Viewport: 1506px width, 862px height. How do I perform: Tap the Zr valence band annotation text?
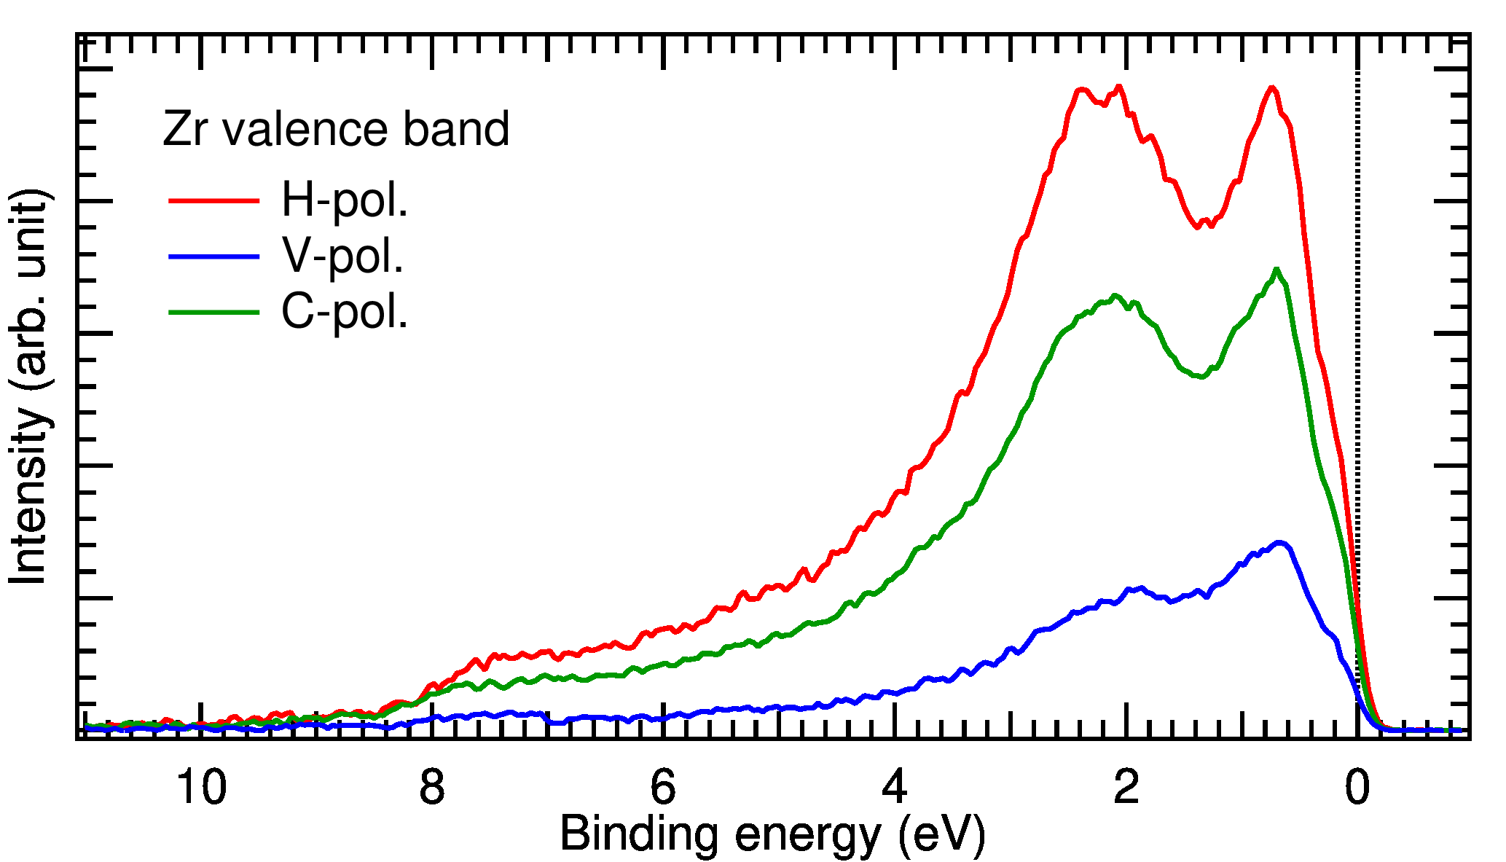coord(335,130)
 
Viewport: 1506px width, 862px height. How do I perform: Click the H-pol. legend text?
coord(345,200)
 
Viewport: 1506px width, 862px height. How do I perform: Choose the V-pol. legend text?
coord(342,256)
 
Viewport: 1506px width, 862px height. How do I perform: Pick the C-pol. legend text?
coord(345,312)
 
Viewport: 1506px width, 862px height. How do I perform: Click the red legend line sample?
coord(214,200)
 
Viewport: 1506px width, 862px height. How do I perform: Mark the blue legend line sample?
coord(214,256)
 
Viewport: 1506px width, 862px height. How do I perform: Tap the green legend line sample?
coord(214,313)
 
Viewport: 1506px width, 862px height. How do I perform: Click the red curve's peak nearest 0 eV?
coord(1272,88)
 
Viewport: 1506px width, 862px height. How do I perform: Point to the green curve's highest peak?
coord(1276,270)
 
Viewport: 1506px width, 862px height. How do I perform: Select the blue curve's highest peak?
coord(1279,543)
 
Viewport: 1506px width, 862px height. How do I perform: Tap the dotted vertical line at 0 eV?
coord(1357,364)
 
